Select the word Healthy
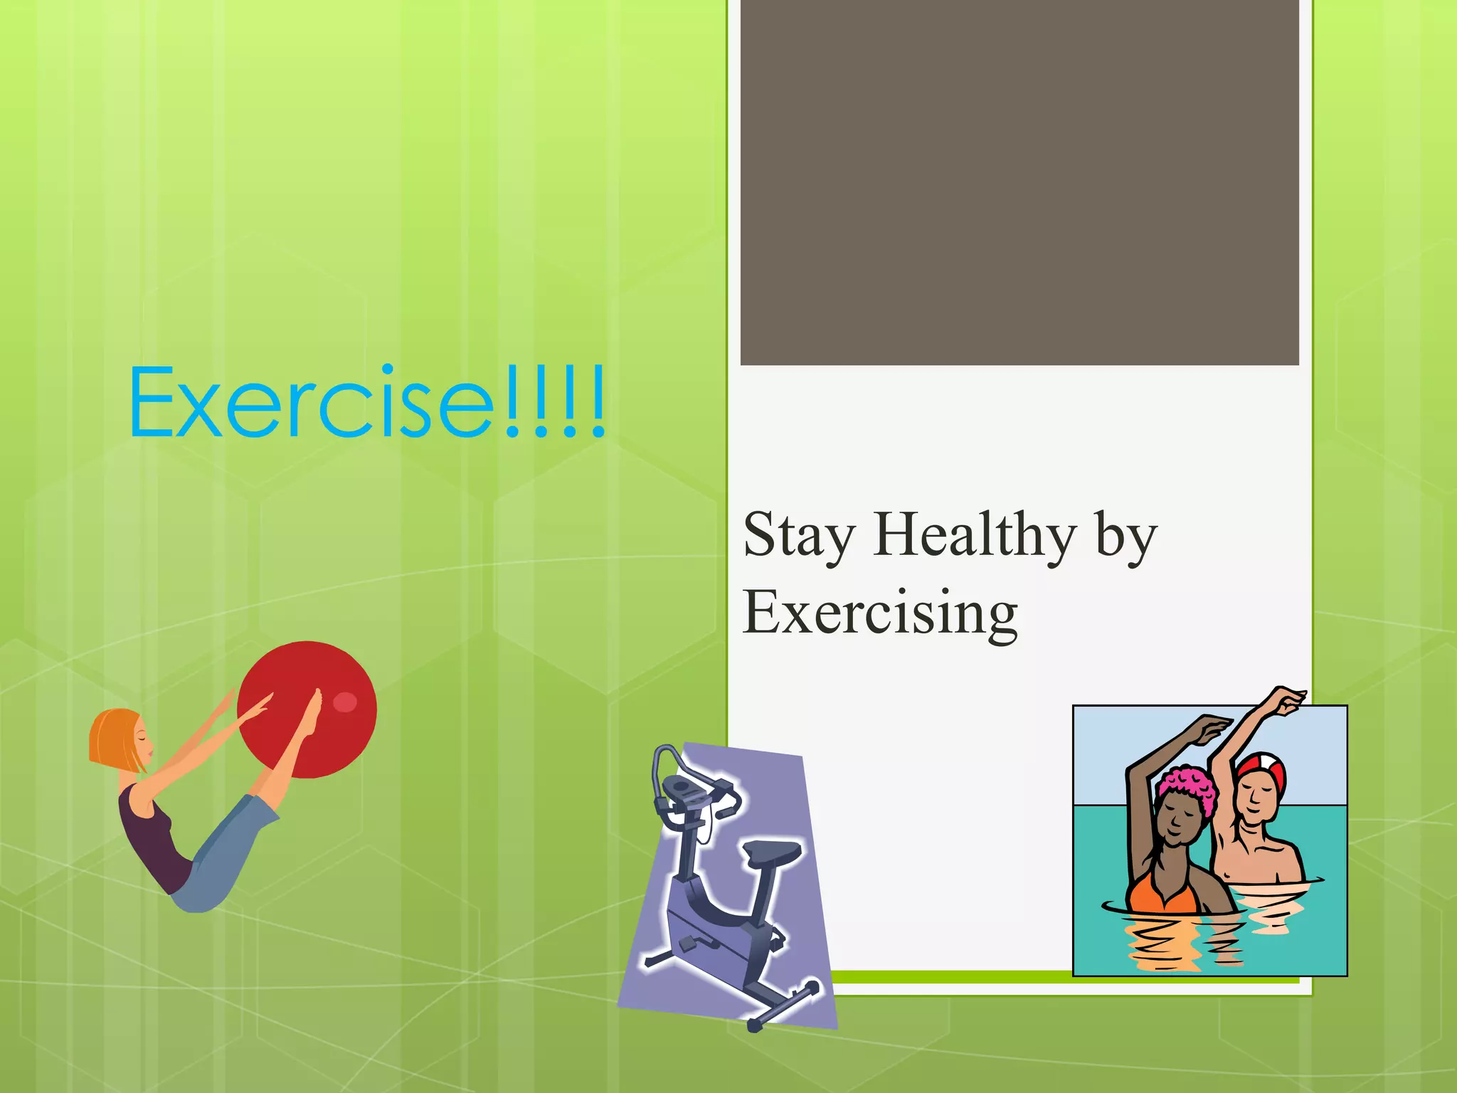pyautogui.click(x=975, y=535)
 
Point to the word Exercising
pyautogui.click(x=880, y=613)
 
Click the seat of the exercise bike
pyautogui.click(x=772, y=851)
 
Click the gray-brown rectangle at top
pyautogui.click(x=1019, y=181)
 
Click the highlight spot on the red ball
pyautogui.click(x=345, y=702)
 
